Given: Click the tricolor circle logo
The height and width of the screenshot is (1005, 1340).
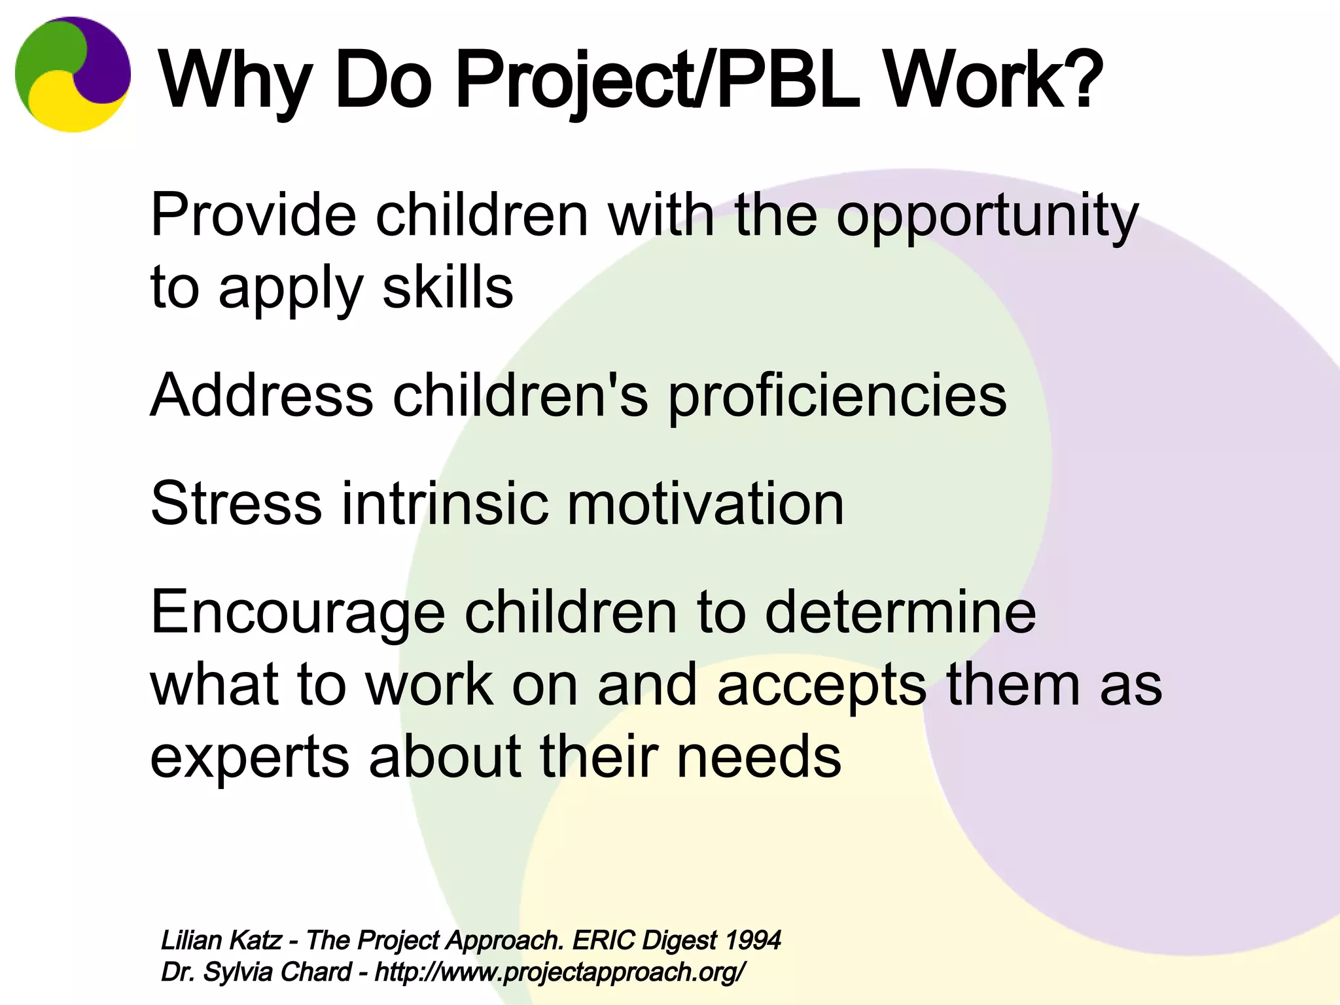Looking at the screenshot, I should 73,75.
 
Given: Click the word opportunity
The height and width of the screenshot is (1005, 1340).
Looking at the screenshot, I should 987,216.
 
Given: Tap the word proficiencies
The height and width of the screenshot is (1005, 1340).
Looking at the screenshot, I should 837,396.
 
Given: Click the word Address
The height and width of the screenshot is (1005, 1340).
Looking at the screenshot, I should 262,396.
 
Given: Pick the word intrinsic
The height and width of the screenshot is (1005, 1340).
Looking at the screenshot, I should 445,503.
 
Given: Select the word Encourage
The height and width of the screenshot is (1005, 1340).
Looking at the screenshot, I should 298,612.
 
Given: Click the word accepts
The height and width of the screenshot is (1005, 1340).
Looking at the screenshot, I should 822,685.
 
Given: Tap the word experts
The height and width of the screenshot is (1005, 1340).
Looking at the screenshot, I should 249,757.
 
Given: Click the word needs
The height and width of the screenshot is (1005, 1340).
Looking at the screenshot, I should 758,757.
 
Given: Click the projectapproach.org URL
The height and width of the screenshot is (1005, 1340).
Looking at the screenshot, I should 559,972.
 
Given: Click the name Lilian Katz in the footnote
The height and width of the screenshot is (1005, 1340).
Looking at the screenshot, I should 220,940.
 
